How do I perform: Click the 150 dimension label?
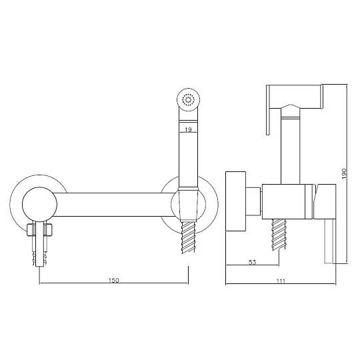[113, 280]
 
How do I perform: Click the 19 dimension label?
[188, 130]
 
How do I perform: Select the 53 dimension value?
[252, 262]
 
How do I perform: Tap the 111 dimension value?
[281, 281]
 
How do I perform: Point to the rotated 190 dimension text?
[344, 173]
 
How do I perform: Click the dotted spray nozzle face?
[188, 100]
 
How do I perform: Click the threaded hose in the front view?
[188, 237]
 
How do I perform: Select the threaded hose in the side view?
[279, 235]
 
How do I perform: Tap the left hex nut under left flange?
[31, 230]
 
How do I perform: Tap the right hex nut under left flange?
[48, 230]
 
